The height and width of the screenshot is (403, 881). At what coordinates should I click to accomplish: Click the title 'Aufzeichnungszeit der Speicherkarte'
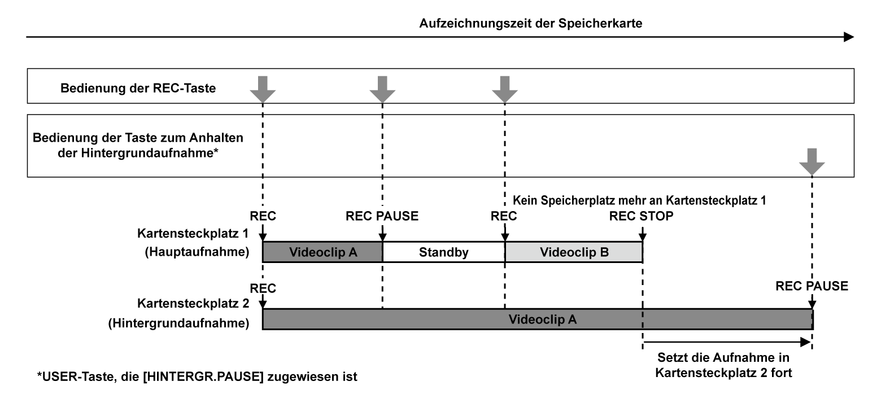pos(531,24)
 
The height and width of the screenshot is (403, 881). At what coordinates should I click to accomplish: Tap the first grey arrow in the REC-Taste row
pos(263,88)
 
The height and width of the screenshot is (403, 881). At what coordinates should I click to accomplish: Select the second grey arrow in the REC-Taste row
pos(382,88)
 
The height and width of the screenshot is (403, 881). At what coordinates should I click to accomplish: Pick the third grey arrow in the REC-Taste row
pos(504,88)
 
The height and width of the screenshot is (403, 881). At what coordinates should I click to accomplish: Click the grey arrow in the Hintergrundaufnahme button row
pos(812,161)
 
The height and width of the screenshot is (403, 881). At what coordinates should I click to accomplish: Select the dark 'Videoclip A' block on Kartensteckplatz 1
pos(322,252)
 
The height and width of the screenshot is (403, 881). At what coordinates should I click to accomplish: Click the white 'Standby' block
pos(443,252)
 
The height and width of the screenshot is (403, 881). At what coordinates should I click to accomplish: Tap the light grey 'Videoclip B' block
pos(574,252)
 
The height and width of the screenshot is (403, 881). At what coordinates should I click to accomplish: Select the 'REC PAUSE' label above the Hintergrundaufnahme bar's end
pos(812,286)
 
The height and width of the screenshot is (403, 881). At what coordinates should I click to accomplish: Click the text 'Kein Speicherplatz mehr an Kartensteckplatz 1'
pos(639,200)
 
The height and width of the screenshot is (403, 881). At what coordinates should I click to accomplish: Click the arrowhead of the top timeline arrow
pos(849,37)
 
